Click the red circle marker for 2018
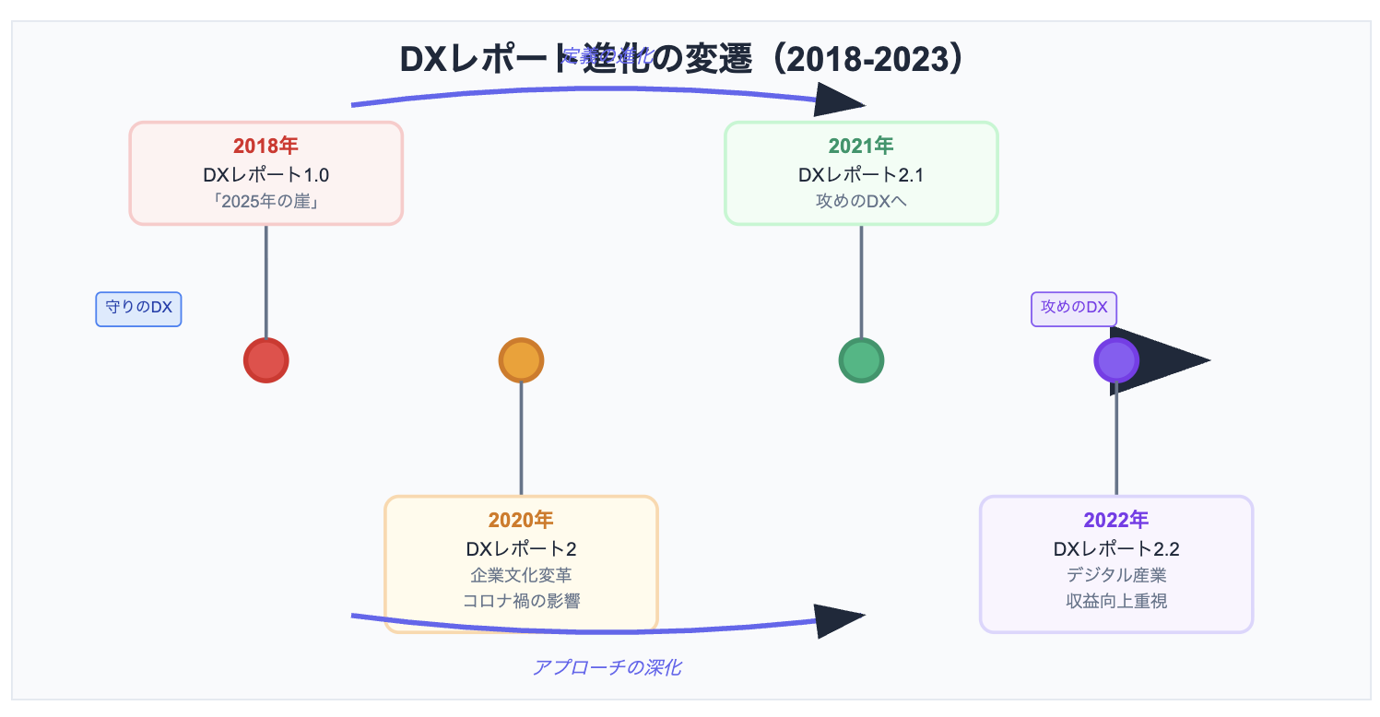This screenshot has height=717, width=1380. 266,359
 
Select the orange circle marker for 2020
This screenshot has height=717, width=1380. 521,359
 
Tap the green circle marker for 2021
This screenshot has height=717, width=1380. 861,359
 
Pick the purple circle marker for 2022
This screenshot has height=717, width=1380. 1115,359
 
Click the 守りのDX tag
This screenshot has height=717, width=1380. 138,309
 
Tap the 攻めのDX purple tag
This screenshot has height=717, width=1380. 1073,309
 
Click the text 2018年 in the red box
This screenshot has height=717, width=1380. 265,146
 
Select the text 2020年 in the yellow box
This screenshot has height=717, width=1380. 521,520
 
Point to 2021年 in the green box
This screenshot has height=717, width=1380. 861,146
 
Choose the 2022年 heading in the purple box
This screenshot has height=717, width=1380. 1115,520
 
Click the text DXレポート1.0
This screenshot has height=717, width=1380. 265,174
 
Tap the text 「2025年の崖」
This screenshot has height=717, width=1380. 265,201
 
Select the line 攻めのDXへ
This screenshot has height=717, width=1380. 861,201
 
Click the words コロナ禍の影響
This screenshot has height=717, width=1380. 521,601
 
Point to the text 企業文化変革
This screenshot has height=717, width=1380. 521,575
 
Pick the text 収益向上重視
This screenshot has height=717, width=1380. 1115,601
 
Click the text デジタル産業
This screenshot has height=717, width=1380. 1115,575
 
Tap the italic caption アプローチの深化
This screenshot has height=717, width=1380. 607,667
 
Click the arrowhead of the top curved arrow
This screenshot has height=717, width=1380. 837,100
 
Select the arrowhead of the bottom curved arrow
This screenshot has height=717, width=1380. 837,622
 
